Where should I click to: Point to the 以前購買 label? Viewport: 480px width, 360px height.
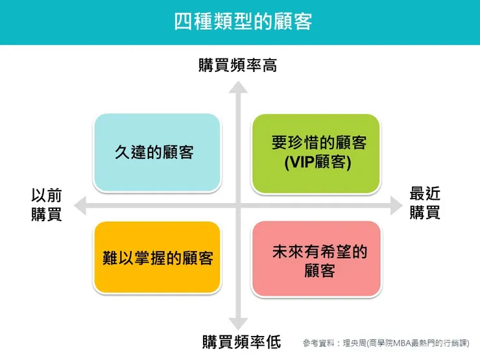coord(47,204)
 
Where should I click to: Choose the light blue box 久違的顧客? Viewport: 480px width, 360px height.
coord(158,153)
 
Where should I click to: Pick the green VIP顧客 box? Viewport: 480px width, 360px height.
coord(315,154)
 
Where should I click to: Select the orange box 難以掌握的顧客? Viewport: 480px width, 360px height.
coord(158,258)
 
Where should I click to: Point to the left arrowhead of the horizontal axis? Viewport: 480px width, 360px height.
coord(80,206)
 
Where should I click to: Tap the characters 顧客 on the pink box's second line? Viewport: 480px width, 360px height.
coord(320,269)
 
